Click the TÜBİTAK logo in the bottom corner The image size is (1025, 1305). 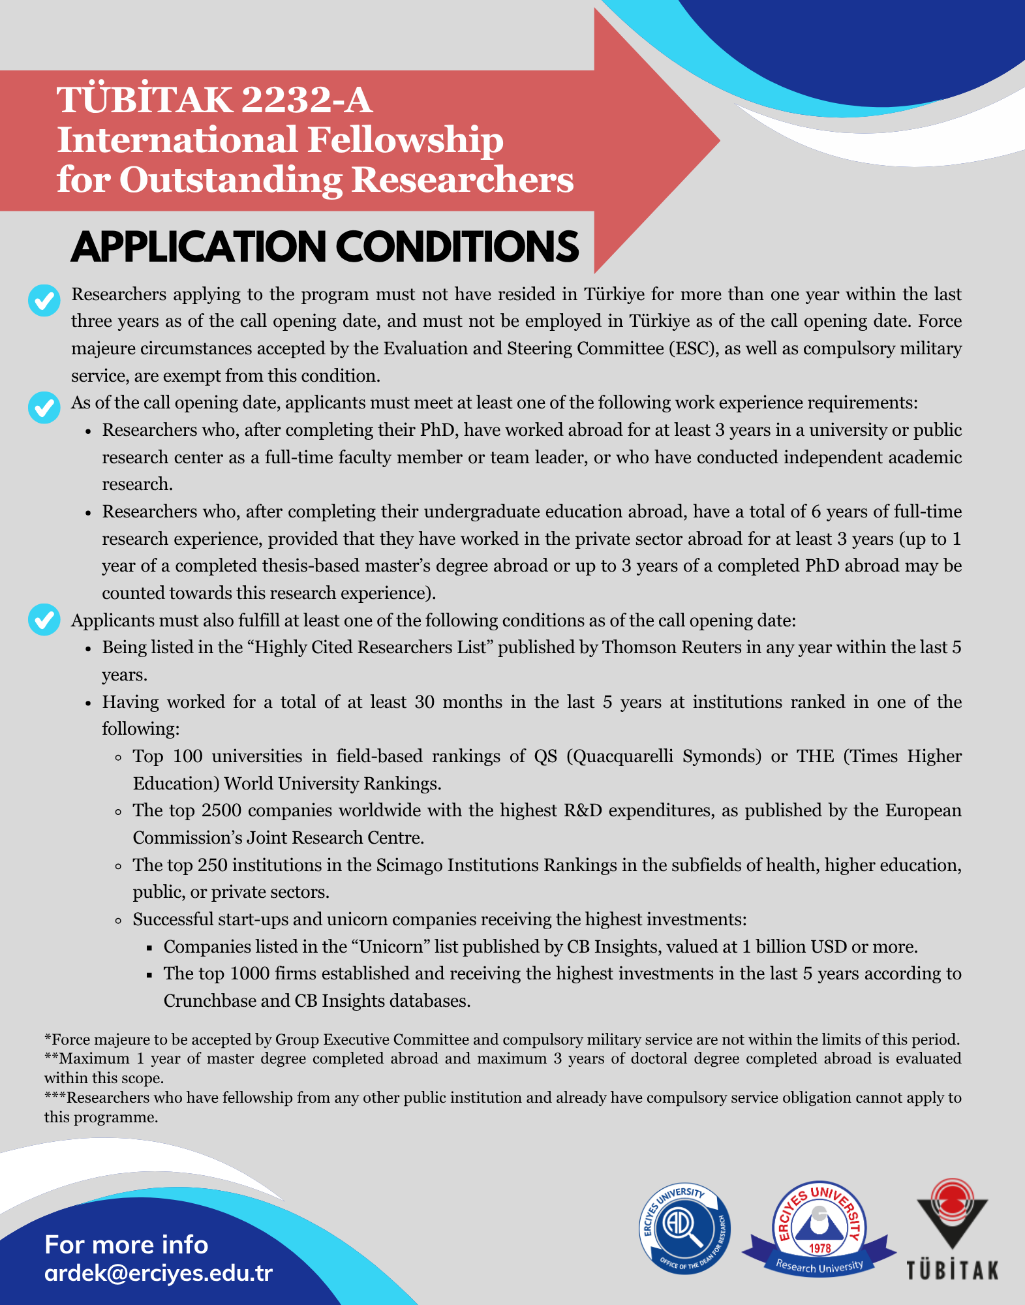tap(952, 1229)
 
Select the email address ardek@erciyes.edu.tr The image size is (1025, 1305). tap(159, 1273)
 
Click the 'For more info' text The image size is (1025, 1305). tap(127, 1245)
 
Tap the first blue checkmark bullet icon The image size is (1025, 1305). tap(44, 300)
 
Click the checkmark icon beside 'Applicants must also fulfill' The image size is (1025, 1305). tap(44, 620)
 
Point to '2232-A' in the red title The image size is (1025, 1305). tap(306, 100)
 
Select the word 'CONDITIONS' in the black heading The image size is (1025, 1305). tap(457, 247)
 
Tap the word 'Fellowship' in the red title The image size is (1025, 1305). tap(405, 140)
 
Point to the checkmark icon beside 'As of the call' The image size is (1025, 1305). tap(44, 408)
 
